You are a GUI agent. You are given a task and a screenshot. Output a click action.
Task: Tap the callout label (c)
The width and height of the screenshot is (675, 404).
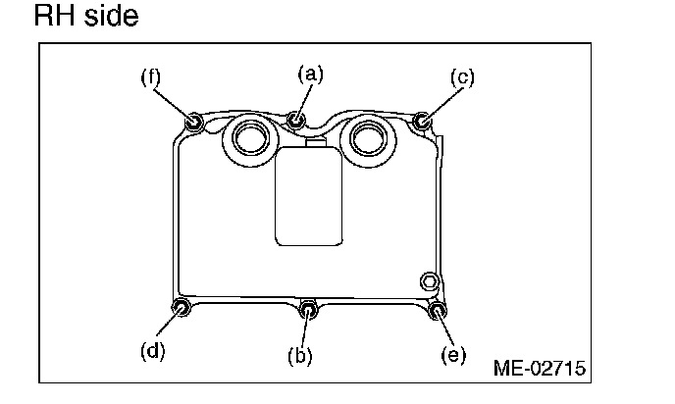[x=462, y=77]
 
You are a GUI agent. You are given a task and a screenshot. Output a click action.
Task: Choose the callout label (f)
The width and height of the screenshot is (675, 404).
[x=150, y=77]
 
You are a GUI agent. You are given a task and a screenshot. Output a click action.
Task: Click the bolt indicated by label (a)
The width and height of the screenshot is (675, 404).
[x=297, y=120]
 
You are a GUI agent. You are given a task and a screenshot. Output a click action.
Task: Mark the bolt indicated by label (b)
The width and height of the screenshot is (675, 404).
[x=309, y=310]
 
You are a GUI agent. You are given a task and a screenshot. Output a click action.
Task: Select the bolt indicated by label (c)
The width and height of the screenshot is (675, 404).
[x=422, y=122]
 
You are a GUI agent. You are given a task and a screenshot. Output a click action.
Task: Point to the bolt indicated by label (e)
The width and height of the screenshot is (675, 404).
[x=439, y=312]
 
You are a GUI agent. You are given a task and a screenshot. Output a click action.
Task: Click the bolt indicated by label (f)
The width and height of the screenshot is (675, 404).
[x=194, y=122]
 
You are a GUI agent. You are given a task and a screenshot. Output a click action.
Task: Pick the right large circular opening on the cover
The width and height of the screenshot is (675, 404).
[x=371, y=138]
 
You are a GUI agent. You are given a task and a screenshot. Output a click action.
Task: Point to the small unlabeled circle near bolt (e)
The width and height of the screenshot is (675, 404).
[x=429, y=282]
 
